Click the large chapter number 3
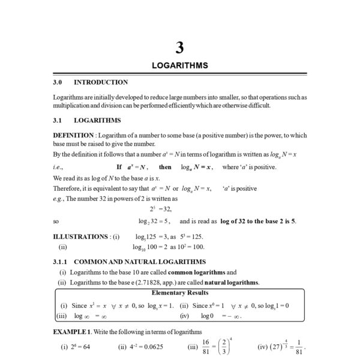tap(179, 47)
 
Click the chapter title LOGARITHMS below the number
tap(179, 65)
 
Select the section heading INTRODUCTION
tap(101, 82)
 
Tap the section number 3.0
tap(58, 82)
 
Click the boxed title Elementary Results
tap(179, 293)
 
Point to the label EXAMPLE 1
tap(73, 332)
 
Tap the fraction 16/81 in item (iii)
tap(208, 347)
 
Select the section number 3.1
tap(58, 120)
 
